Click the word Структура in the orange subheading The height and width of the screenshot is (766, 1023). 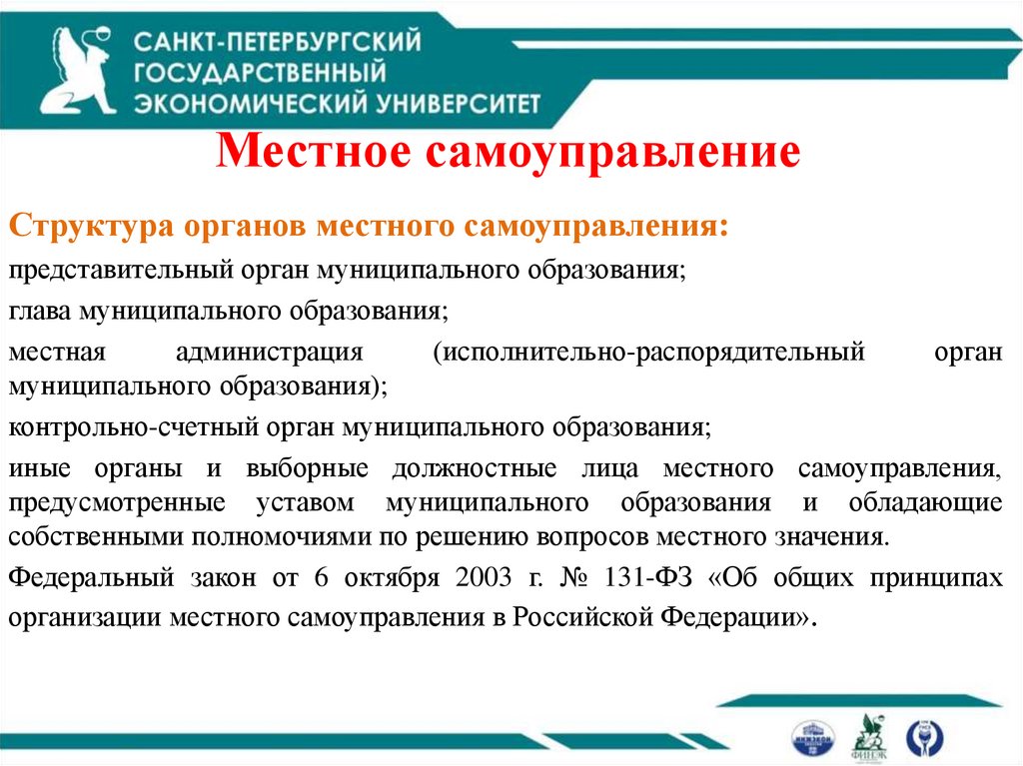point(92,224)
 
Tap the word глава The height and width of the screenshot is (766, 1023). point(37,312)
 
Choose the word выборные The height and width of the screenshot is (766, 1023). point(313,469)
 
